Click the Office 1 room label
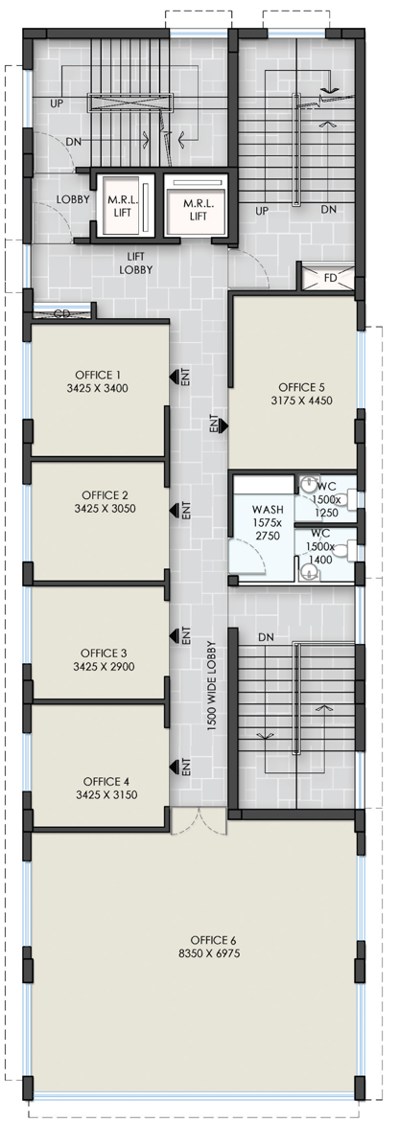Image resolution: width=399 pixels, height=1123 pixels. [x=100, y=375]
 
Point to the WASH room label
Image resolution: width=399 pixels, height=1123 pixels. [x=268, y=509]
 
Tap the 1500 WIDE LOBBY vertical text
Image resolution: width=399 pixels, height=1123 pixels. [x=212, y=685]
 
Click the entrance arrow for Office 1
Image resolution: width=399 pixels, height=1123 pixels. [x=174, y=376]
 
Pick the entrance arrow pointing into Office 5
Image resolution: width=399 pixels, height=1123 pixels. [x=223, y=426]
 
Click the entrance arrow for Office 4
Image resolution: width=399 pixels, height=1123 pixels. [x=174, y=768]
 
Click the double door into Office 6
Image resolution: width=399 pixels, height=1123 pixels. [x=198, y=822]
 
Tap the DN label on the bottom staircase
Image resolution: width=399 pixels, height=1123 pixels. [x=266, y=636]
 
